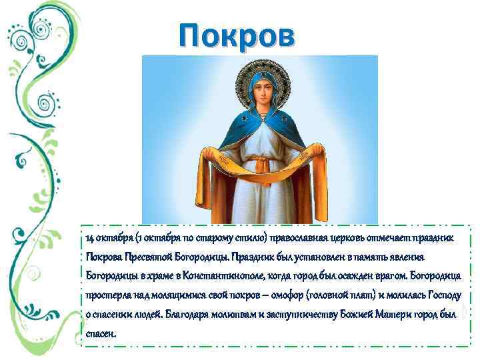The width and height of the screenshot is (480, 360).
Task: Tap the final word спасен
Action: point(101,333)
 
